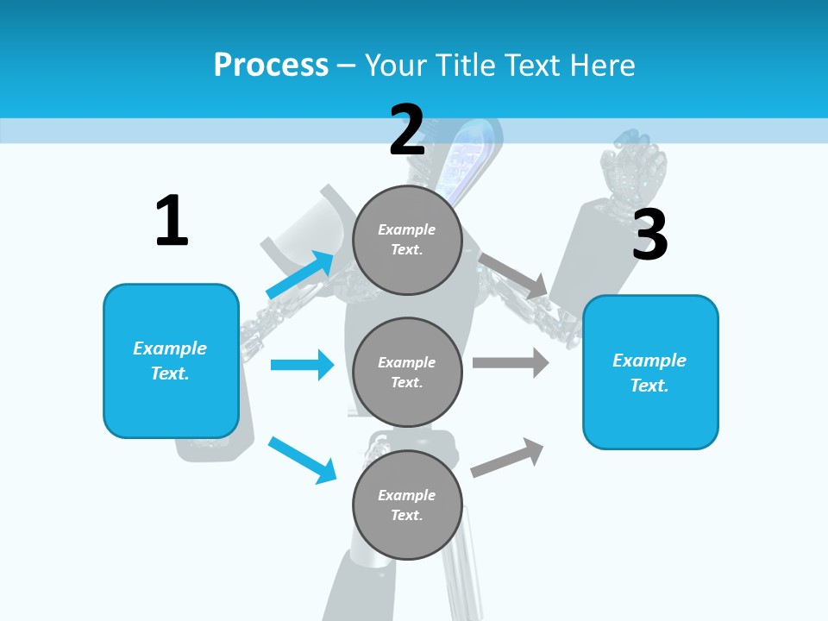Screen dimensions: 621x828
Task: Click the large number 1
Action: pyautogui.click(x=172, y=221)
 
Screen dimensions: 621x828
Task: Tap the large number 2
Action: pyautogui.click(x=407, y=129)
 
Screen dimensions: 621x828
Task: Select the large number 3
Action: pyautogui.click(x=649, y=235)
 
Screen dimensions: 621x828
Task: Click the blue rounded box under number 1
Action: pyautogui.click(x=171, y=361)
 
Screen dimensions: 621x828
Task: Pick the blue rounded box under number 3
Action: pyautogui.click(x=650, y=373)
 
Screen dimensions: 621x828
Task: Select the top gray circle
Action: pyautogui.click(x=407, y=240)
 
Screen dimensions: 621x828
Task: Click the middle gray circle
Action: pyautogui.click(x=407, y=372)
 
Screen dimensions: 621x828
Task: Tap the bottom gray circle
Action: pyautogui.click(x=407, y=505)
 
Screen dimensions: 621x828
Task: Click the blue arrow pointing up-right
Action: pyautogui.click(x=300, y=274)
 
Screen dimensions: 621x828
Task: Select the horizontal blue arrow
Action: pyautogui.click(x=302, y=365)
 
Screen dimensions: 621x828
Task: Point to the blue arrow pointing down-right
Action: pyautogui.click(x=302, y=460)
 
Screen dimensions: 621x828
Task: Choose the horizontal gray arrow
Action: pyautogui.click(x=511, y=362)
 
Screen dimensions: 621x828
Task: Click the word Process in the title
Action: pyautogui.click(x=271, y=65)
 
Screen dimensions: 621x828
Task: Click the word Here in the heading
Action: pyautogui.click(x=600, y=65)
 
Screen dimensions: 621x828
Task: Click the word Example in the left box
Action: pyautogui.click(x=170, y=348)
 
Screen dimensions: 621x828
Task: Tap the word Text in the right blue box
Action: pyautogui.click(x=649, y=386)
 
